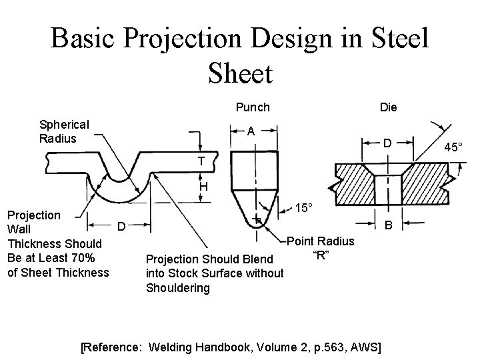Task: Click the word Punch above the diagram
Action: point(253,107)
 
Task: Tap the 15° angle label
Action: point(303,208)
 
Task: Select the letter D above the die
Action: point(386,142)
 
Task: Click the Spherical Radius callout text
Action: point(64,131)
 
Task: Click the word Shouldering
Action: point(177,288)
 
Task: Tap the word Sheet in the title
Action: point(240,73)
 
